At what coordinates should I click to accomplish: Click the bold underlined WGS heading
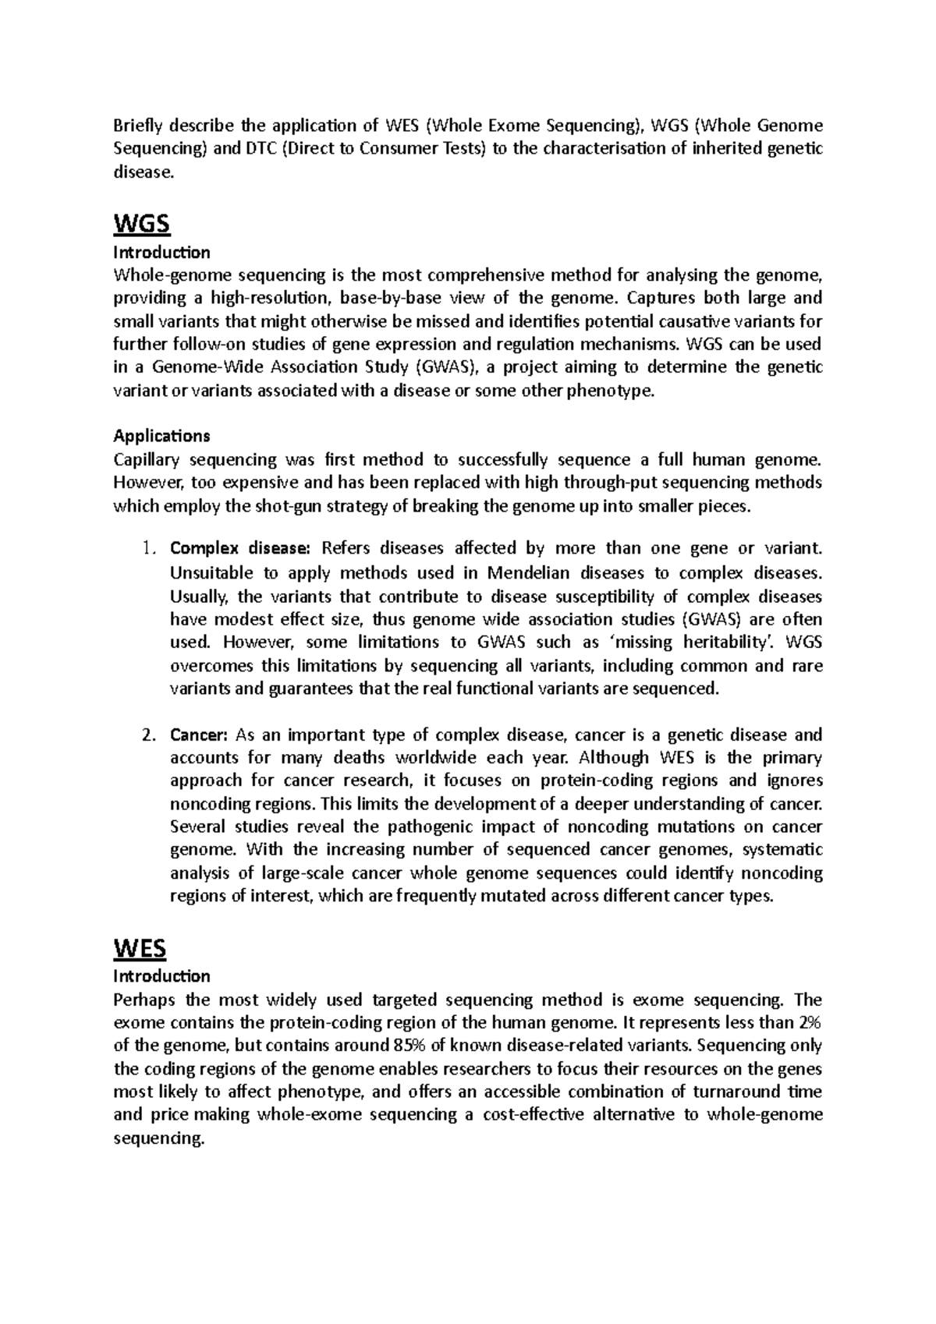click(141, 225)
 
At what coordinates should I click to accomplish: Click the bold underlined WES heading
click(140, 948)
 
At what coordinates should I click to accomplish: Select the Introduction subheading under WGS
click(161, 252)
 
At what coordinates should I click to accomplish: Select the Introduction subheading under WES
click(161, 975)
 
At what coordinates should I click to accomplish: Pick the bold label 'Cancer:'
click(198, 735)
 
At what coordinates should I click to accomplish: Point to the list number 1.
click(150, 548)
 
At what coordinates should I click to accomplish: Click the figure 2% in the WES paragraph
click(810, 1022)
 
